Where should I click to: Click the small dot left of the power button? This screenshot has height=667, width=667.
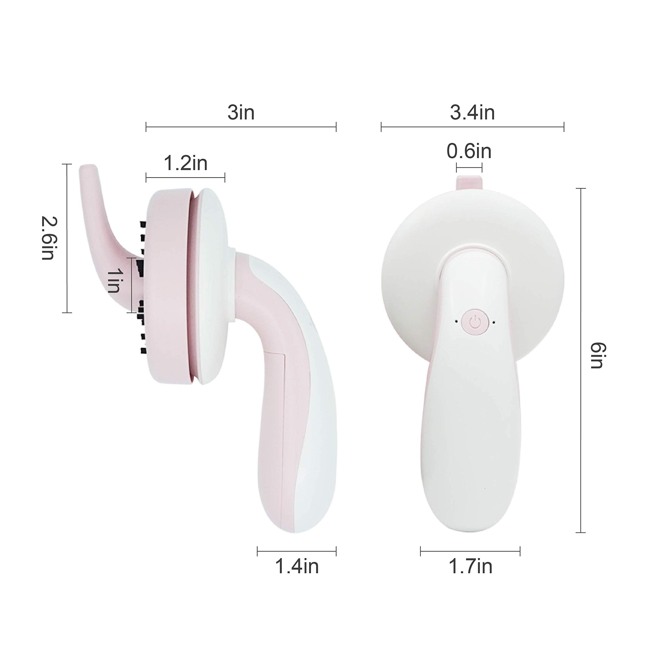point(457,322)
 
